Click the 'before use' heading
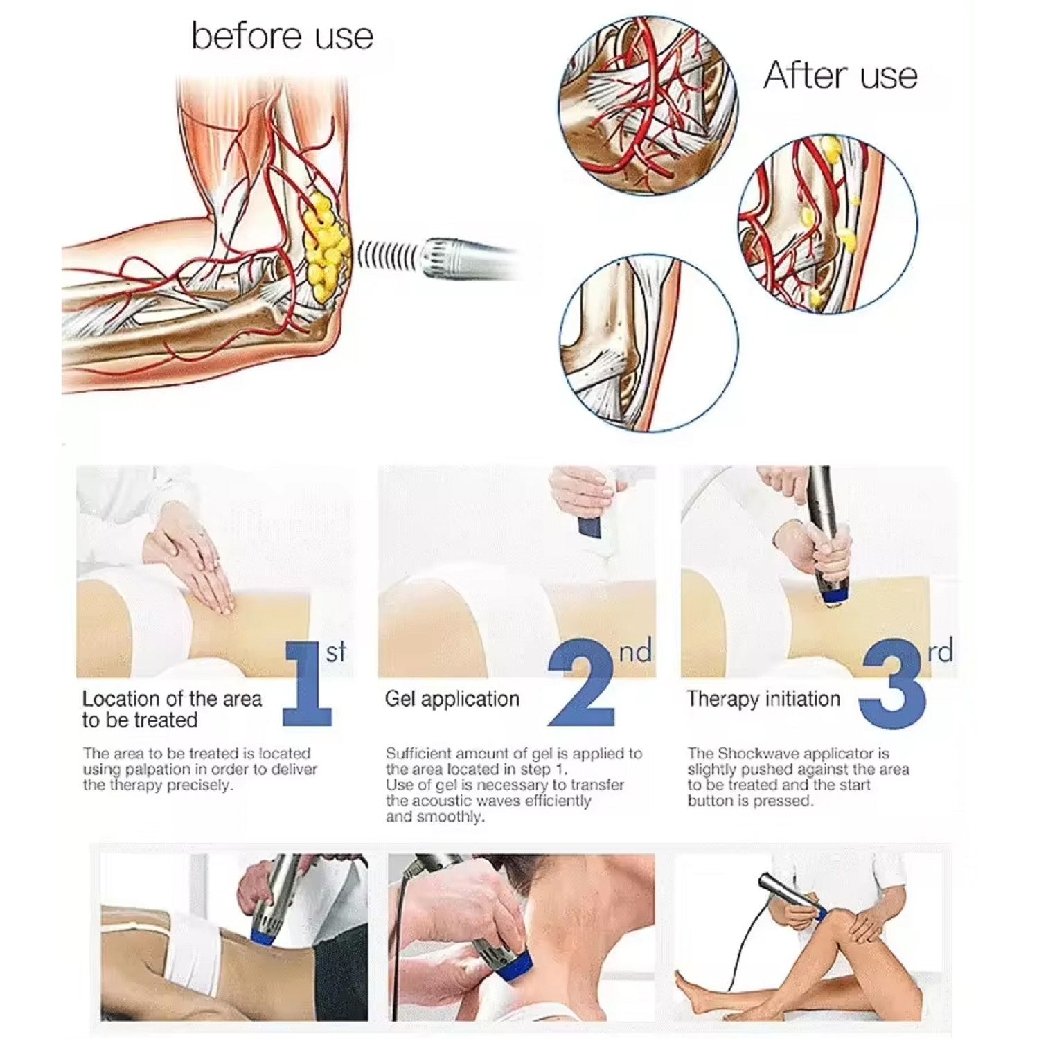282,36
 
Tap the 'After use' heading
840,75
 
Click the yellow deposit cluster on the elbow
323,247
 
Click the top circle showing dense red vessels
648,104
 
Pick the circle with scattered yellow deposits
828,223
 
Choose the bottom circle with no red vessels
648,343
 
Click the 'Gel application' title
452,699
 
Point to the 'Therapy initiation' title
763,699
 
